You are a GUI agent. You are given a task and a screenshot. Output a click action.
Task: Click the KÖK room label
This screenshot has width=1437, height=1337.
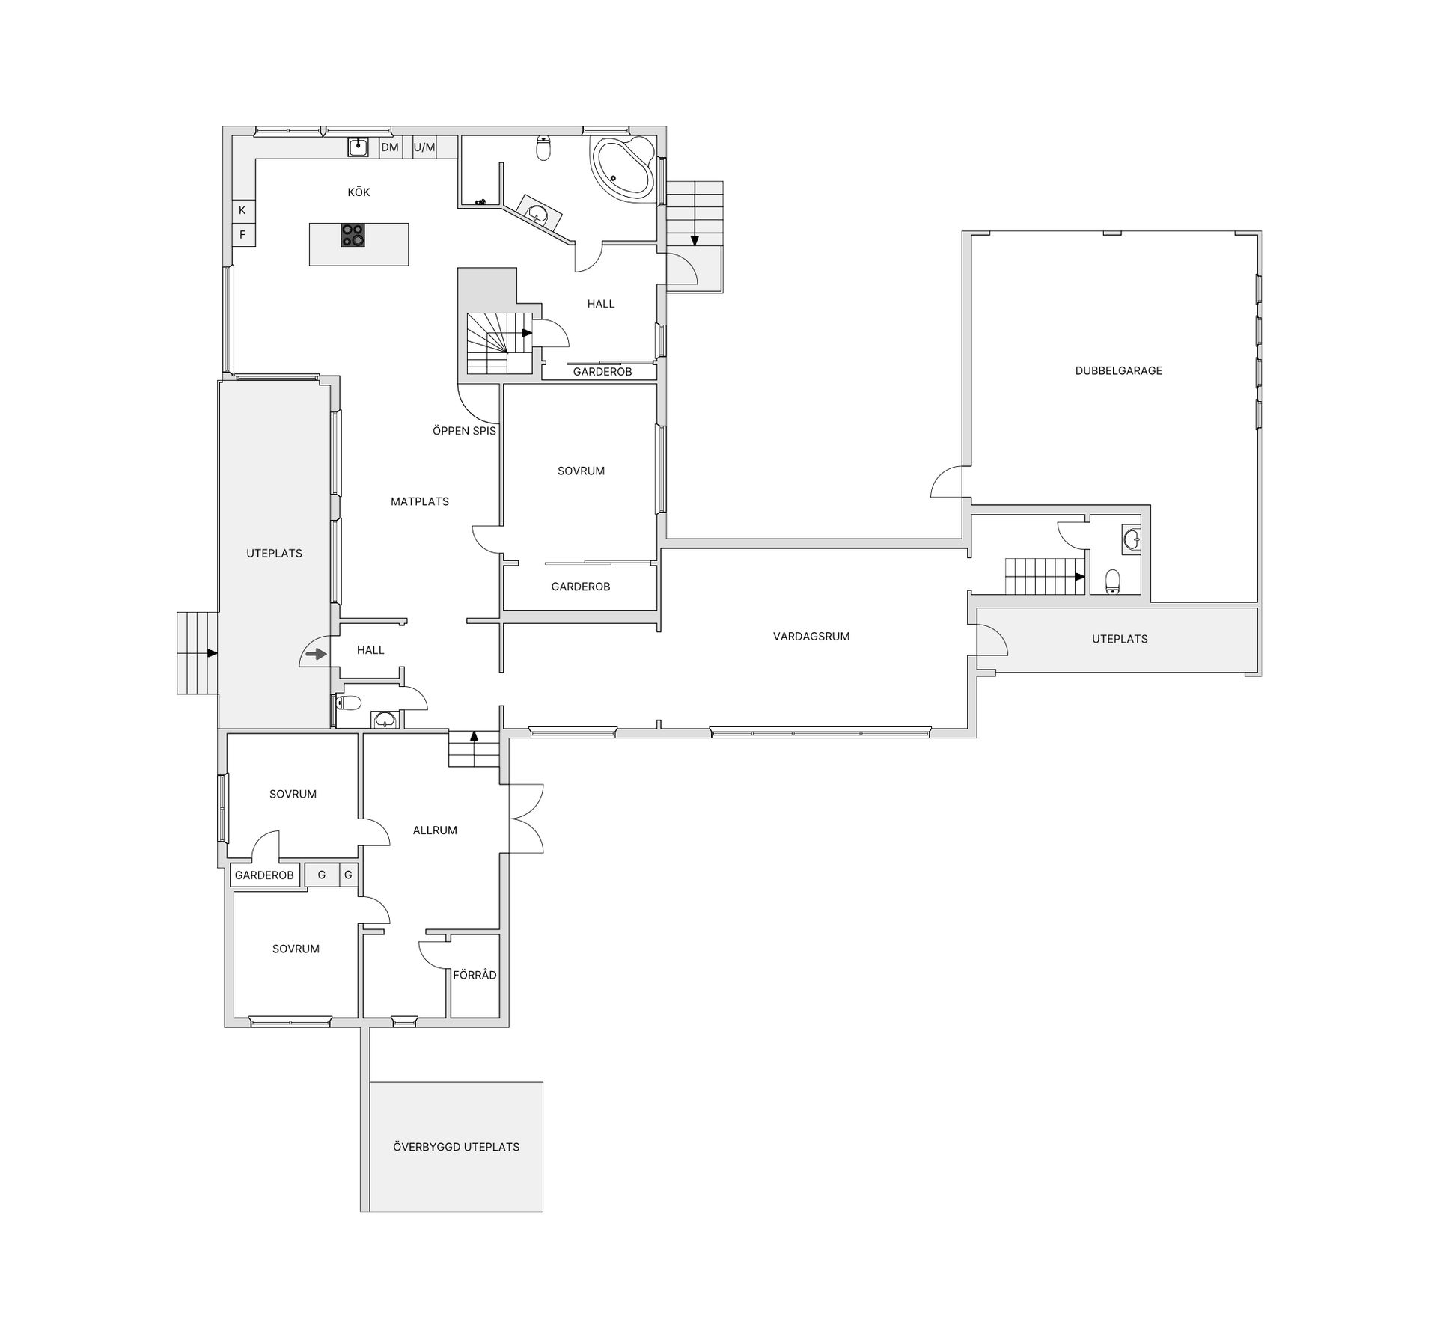click(359, 192)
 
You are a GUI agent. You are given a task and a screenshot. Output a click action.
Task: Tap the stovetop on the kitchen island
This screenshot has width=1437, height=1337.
click(353, 236)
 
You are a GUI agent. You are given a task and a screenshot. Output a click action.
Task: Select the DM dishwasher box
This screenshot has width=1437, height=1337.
click(390, 147)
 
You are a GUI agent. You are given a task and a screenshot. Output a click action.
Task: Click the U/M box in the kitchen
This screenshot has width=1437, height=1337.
click(424, 147)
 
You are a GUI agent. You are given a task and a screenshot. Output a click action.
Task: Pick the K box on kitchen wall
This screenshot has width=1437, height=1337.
click(242, 210)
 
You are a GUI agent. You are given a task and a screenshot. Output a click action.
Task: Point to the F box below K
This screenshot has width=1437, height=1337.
click(242, 235)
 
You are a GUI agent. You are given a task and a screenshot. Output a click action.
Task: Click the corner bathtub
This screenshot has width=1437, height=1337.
click(623, 168)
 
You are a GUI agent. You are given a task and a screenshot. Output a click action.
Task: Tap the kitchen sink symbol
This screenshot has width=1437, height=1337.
click(359, 147)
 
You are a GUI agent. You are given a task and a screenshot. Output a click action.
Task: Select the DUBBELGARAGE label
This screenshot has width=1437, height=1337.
click(1118, 370)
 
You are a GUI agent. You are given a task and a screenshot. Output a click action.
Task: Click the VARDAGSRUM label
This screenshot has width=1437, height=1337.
click(811, 637)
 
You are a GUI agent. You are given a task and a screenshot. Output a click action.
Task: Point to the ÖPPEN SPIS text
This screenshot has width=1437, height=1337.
click(464, 431)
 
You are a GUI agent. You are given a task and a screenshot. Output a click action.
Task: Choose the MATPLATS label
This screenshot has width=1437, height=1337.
click(420, 501)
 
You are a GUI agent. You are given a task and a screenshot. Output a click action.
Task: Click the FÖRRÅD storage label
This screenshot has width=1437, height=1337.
click(475, 975)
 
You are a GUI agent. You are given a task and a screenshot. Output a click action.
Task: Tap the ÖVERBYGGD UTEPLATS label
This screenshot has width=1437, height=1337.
click(456, 1147)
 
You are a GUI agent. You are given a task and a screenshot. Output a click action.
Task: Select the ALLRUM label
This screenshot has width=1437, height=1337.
click(435, 830)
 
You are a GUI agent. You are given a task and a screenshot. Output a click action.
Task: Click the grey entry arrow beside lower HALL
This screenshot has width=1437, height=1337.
click(317, 655)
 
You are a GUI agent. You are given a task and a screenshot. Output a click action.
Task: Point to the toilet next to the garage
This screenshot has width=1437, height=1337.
click(1113, 581)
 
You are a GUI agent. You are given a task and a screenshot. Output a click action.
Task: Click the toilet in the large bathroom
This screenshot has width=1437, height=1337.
click(544, 149)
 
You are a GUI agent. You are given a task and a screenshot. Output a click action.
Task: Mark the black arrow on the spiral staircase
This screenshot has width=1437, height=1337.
click(527, 333)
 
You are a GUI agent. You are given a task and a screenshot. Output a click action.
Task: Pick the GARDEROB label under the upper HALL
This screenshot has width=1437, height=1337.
click(602, 372)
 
